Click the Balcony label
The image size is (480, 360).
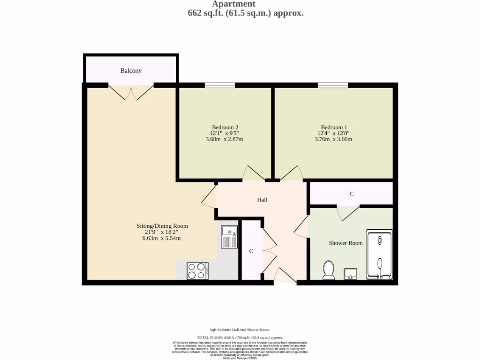pyautogui.click(x=131, y=71)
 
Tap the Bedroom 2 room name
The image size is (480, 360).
pyautogui.click(x=225, y=127)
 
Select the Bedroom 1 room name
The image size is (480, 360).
pyautogui.click(x=334, y=127)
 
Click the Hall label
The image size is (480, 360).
pyautogui.click(x=262, y=200)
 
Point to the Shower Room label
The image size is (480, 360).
pyautogui.click(x=345, y=243)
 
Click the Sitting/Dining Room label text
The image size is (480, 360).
pyautogui.click(x=162, y=226)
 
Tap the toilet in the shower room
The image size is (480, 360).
pyautogui.click(x=329, y=270)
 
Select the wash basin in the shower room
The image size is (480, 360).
pyautogui.click(x=351, y=273)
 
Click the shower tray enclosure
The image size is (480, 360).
pyautogui.click(x=379, y=255)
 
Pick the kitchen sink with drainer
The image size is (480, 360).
pyautogui.click(x=229, y=237)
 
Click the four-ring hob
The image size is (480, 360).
pyautogui.click(x=197, y=271)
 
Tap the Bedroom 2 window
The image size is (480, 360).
pyautogui.click(x=220, y=85)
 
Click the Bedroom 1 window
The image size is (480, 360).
pyautogui.click(x=333, y=85)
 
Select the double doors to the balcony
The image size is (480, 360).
pyautogui.click(x=131, y=92)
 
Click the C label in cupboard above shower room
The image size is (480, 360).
pyautogui.click(x=352, y=194)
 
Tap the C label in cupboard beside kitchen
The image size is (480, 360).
pyautogui.click(x=251, y=251)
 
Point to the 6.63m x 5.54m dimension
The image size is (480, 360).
pyautogui.click(x=162, y=238)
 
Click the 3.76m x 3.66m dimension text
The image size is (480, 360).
pyautogui.click(x=334, y=139)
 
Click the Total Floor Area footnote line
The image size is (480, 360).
pyautogui.click(x=240, y=337)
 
